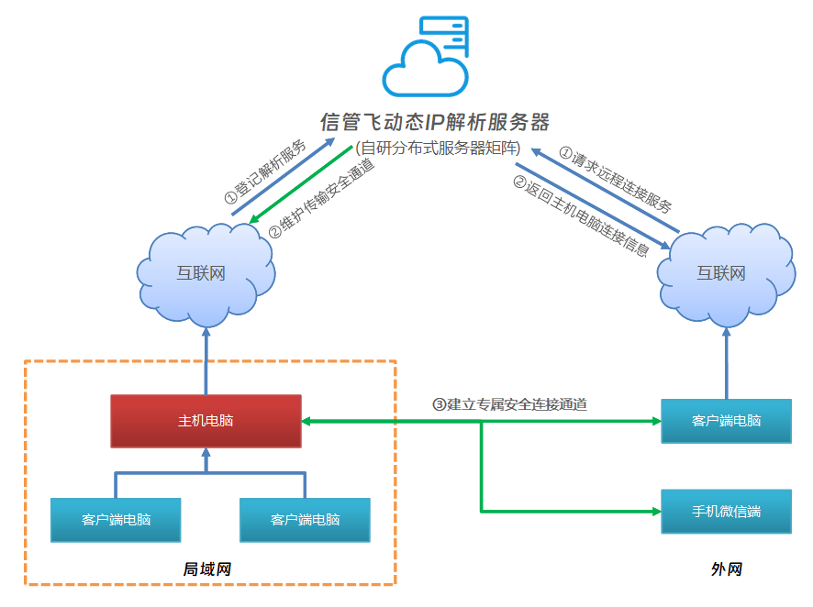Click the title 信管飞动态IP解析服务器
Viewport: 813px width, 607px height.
(434, 121)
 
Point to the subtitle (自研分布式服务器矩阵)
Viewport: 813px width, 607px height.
(439, 148)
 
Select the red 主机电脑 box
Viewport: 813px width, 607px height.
(206, 421)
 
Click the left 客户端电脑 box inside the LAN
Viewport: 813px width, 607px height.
(116, 519)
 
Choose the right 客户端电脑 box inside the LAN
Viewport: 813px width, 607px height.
(305, 519)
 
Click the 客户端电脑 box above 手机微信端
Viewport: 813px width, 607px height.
(726, 421)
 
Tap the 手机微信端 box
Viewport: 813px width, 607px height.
(726, 512)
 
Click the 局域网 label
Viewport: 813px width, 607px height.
(207, 569)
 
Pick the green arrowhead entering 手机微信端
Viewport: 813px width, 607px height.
(655, 510)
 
